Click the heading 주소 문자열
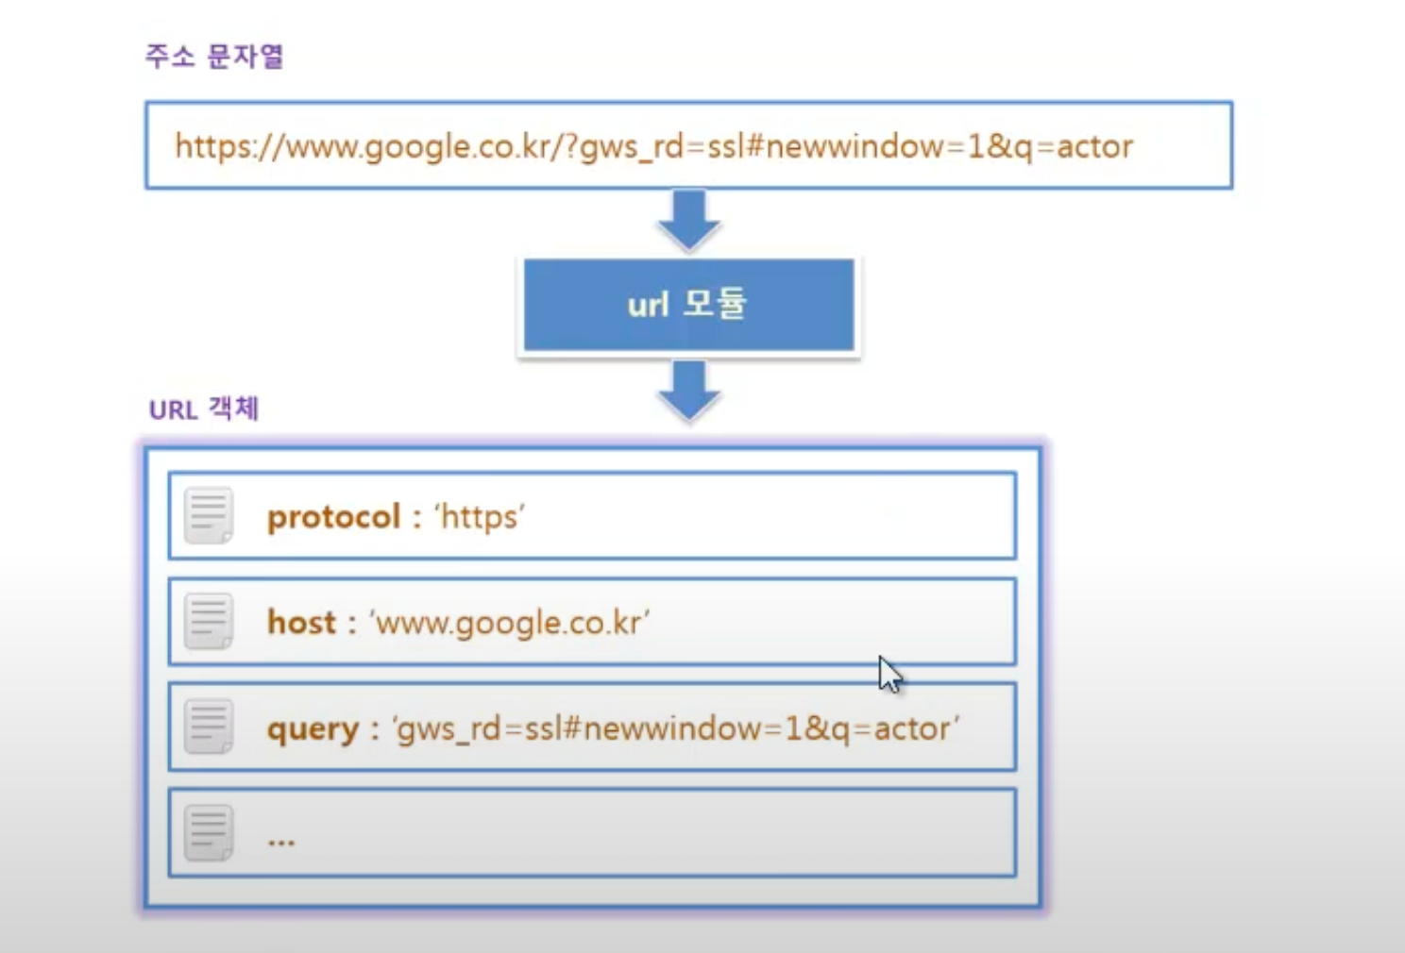214,57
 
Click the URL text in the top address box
654,147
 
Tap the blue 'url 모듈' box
688,305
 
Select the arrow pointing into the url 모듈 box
688,221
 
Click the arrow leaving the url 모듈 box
688,391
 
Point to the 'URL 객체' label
204,410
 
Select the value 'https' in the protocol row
480,517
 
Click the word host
302,622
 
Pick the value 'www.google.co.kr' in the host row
509,624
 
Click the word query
313,729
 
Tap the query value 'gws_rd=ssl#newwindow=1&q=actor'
675,729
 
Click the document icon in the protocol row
209,515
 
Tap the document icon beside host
209,621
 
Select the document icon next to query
209,727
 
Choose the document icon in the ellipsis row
209,833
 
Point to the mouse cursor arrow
889,674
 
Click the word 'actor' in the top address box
1095,147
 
